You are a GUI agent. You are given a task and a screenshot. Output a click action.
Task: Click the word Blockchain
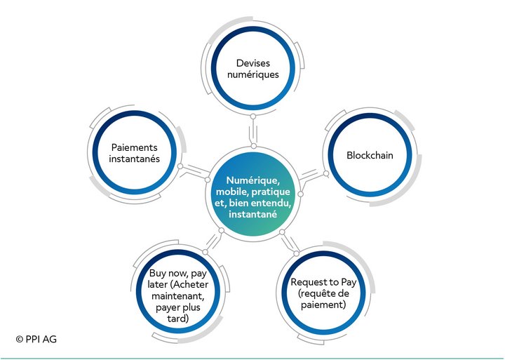coord(370,155)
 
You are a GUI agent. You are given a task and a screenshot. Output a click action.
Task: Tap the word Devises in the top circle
coord(253,63)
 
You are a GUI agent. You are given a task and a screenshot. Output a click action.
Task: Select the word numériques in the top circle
coord(253,75)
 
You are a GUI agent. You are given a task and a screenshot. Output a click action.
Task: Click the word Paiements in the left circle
coord(134,147)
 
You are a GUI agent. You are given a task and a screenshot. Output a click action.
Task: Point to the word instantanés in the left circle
coord(134,159)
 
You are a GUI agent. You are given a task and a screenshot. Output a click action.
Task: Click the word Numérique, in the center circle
coord(252,181)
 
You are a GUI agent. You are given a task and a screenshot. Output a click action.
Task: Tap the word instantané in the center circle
coord(252,214)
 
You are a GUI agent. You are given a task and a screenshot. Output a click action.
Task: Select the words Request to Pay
coord(323,283)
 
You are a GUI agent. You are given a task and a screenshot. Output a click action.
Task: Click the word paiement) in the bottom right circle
coord(323,305)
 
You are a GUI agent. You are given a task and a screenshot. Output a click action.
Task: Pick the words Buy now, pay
coord(178,274)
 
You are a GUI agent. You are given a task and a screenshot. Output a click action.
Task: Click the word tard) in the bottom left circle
coord(178,319)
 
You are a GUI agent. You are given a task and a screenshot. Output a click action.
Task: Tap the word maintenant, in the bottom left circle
coord(178,296)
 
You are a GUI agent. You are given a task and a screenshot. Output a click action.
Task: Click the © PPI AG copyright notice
coord(36,340)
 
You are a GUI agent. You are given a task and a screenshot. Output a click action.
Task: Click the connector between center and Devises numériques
coord(253,131)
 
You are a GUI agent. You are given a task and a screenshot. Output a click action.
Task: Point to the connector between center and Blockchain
coord(311,177)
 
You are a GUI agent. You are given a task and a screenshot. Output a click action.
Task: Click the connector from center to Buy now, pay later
coord(213,241)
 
